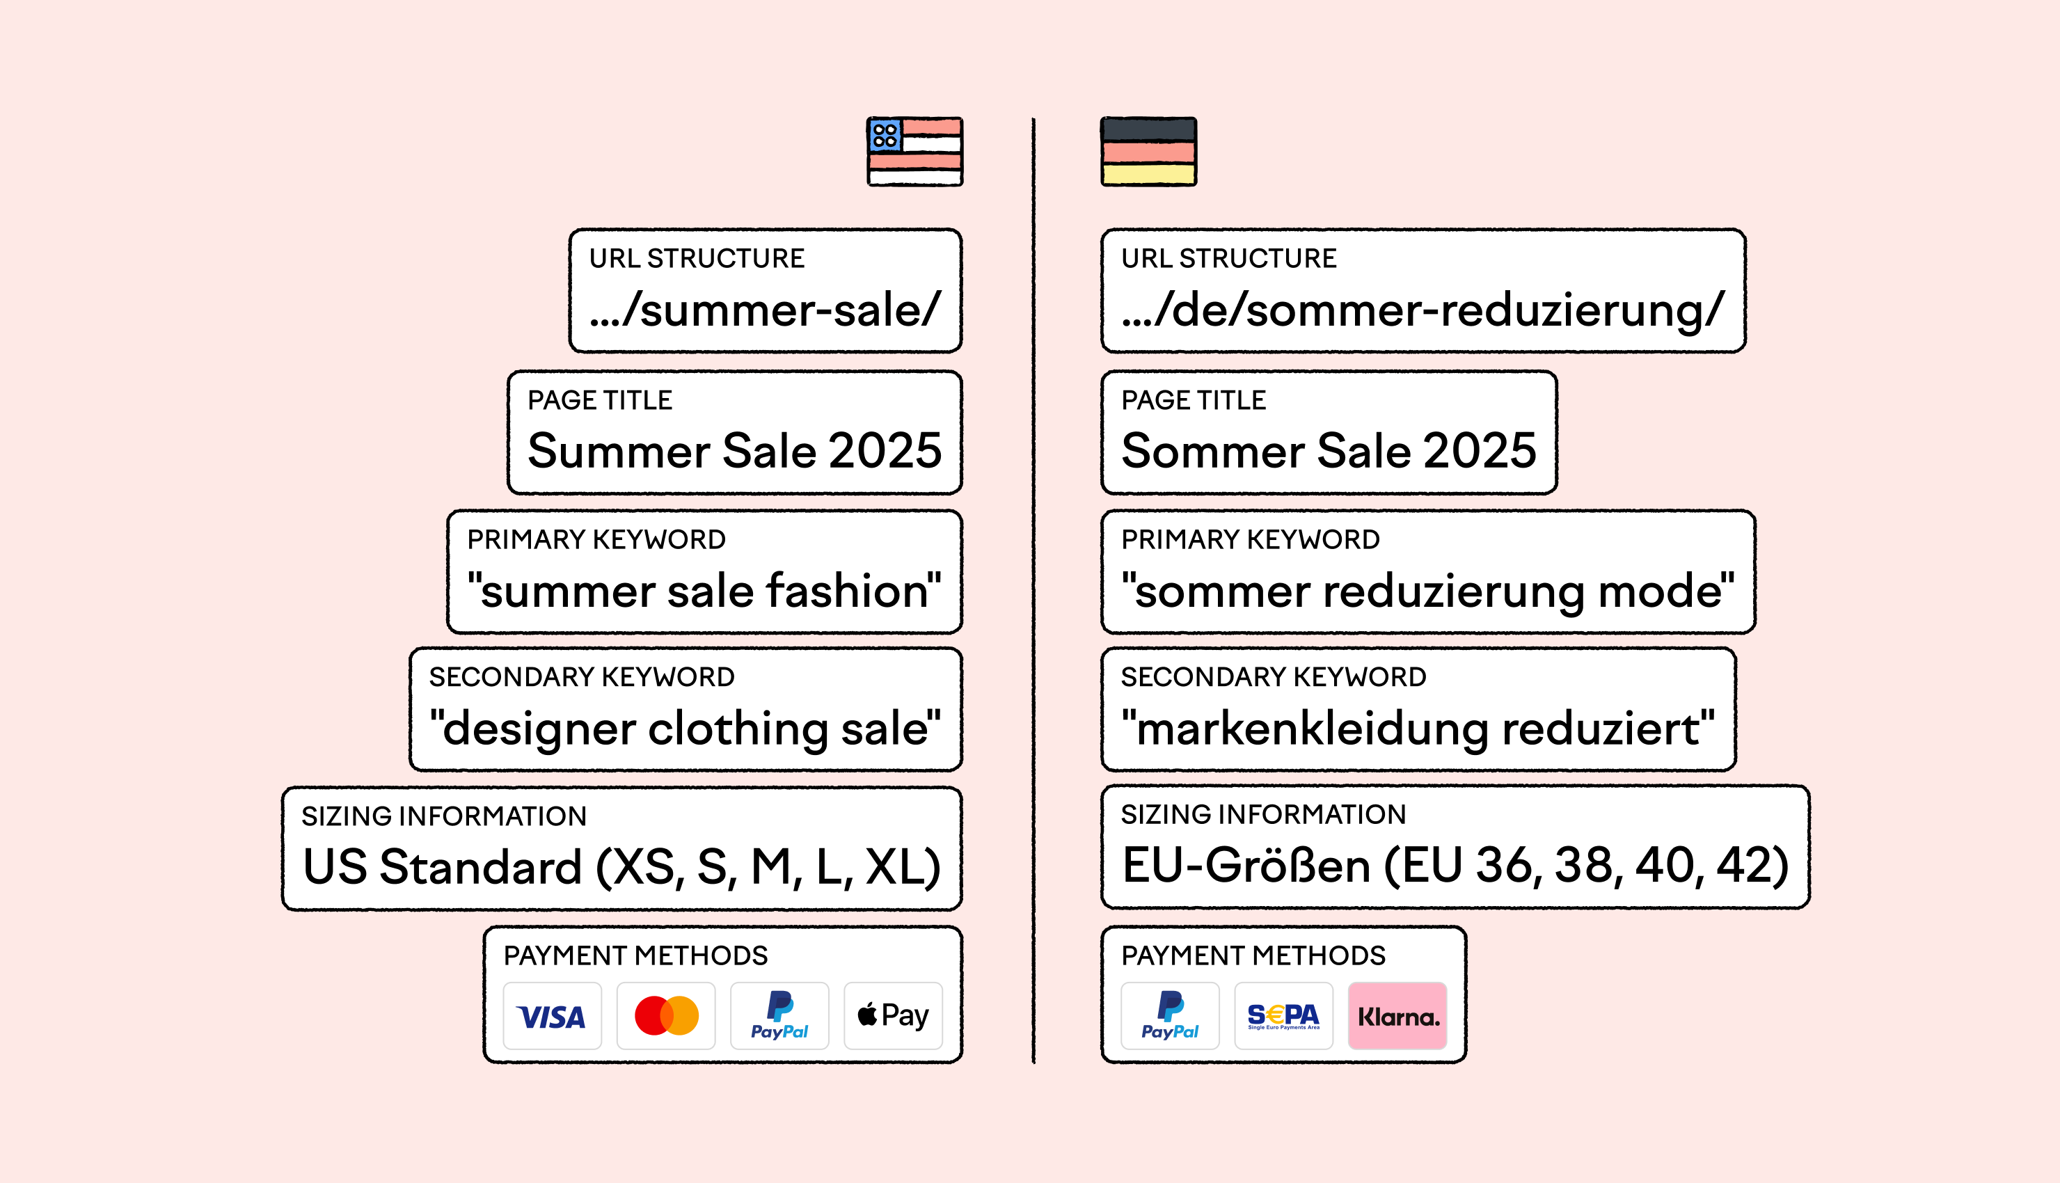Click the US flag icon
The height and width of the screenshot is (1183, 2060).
click(914, 152)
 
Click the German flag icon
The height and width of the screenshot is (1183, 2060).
click(1148, 152)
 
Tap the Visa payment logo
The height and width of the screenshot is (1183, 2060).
click(553, 1015)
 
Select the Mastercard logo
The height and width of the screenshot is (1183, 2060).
click(666, 1015)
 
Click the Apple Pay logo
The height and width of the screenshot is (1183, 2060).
click(894, 1015)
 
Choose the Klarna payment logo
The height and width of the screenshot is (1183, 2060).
click(1398, 1015)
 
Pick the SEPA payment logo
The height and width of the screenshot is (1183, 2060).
click(1284, 1015)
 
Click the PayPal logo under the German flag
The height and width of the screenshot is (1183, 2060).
click(1171, 1015)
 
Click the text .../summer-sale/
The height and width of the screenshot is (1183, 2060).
click(765, 310)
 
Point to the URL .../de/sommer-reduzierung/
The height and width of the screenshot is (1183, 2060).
click(1423, 310)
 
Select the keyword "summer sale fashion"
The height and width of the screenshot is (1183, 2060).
click(704, 591)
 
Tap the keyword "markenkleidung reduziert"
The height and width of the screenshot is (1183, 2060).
click(1418, 729)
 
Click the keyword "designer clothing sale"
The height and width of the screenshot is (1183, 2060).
click(686, 729)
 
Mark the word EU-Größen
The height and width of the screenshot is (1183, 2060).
click(1247, 864)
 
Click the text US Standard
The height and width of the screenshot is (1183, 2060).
click(443, 867)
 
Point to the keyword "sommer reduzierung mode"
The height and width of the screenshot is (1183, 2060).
click(1428, 591)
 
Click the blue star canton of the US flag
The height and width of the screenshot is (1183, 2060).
click(885, 135)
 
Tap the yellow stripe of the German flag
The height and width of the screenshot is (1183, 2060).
click(1148, 174)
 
